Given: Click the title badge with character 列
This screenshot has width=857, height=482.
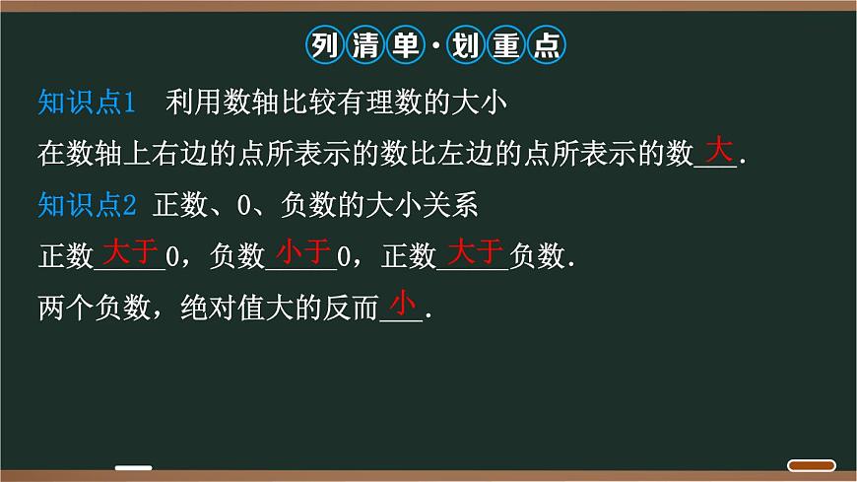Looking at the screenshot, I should [322, 45].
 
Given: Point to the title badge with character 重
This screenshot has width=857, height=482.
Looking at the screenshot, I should [506, 45].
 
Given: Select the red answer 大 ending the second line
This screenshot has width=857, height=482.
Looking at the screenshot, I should [719, 151].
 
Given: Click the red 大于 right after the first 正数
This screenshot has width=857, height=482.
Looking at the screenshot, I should [131, 251].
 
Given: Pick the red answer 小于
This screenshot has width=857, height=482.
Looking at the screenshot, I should [302, 251].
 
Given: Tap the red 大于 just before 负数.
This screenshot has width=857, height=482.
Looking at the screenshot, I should [477, 251].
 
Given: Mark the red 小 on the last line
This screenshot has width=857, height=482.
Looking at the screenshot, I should [404, 302].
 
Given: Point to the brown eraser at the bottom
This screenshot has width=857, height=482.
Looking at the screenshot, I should [813, 466].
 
